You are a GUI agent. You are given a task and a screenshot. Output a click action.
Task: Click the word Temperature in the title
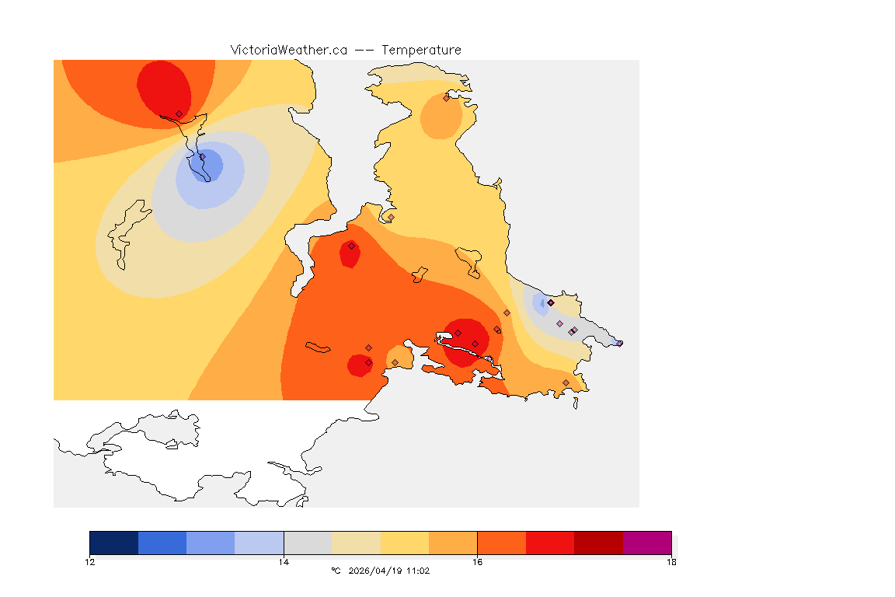[421, 50]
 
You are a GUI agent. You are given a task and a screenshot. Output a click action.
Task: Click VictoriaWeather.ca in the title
[288, 50]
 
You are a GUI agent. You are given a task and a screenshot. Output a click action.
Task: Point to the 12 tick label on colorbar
[90, 562]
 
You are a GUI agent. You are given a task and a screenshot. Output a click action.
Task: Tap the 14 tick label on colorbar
[284, 562]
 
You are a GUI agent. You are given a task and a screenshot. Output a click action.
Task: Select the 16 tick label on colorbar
[477, 562]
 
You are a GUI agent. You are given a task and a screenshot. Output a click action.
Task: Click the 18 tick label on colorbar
[670, 562]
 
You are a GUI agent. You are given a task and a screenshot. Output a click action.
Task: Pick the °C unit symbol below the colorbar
[336, 571]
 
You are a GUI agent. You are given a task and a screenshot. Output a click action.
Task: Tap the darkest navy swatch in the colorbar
[114, 543]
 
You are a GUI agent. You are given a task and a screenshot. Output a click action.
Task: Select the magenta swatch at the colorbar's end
[646, 543]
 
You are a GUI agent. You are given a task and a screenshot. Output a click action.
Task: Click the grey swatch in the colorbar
[308, 543]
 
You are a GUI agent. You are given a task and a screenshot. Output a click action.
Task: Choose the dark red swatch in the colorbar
[598, 543]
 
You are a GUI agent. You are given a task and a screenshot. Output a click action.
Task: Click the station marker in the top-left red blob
[179, 113]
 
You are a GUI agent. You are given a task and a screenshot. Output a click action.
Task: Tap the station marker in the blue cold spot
[202, 157]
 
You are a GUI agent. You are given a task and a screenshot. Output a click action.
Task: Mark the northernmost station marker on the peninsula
[446, 98]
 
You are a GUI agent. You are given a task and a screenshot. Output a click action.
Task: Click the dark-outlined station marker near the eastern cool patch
[551, 302]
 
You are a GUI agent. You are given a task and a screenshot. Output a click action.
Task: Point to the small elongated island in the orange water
[318, 347]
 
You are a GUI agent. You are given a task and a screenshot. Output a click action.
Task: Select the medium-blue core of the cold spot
[210, 165]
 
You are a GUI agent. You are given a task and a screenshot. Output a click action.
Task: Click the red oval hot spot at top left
[163, 87]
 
